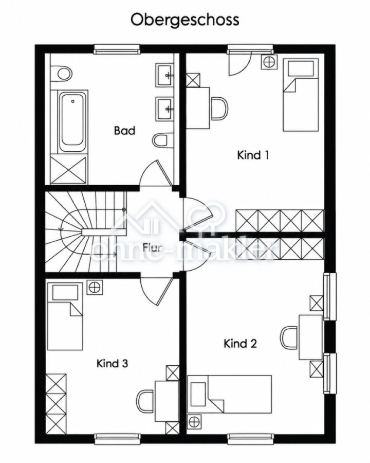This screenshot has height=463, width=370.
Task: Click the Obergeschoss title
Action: pyautogui.click(x=184, y=21)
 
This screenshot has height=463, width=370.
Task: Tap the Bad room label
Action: pyautogui.click(x=124, y=131)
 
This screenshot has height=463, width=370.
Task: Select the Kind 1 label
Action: pyautogui.click(x=253, y=155)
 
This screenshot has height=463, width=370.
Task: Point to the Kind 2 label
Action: pyautogui.click(x=240, y=344)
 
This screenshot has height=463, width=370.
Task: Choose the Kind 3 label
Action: pyautogui.click(x=112, y=364)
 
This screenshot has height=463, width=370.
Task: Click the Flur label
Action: pyautogui.click(x=153, y=247)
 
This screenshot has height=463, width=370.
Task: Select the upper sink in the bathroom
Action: pyautogui.click(x=164, y=75)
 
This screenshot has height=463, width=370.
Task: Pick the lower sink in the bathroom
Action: pyautogui.click(x=164, y=108)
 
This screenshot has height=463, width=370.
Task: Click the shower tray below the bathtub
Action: pyautogui.click(x=69, y=170)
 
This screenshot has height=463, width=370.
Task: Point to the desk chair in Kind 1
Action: pyautogui.click(x=219, y=109)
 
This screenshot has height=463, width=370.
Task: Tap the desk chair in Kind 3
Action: pyautogui.click(x=145, y=401)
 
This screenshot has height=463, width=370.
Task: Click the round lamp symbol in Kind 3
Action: pyautogui.click(x=94, y=287)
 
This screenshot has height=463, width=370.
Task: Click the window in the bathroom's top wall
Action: pyautogui.click(x=116, y=49)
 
